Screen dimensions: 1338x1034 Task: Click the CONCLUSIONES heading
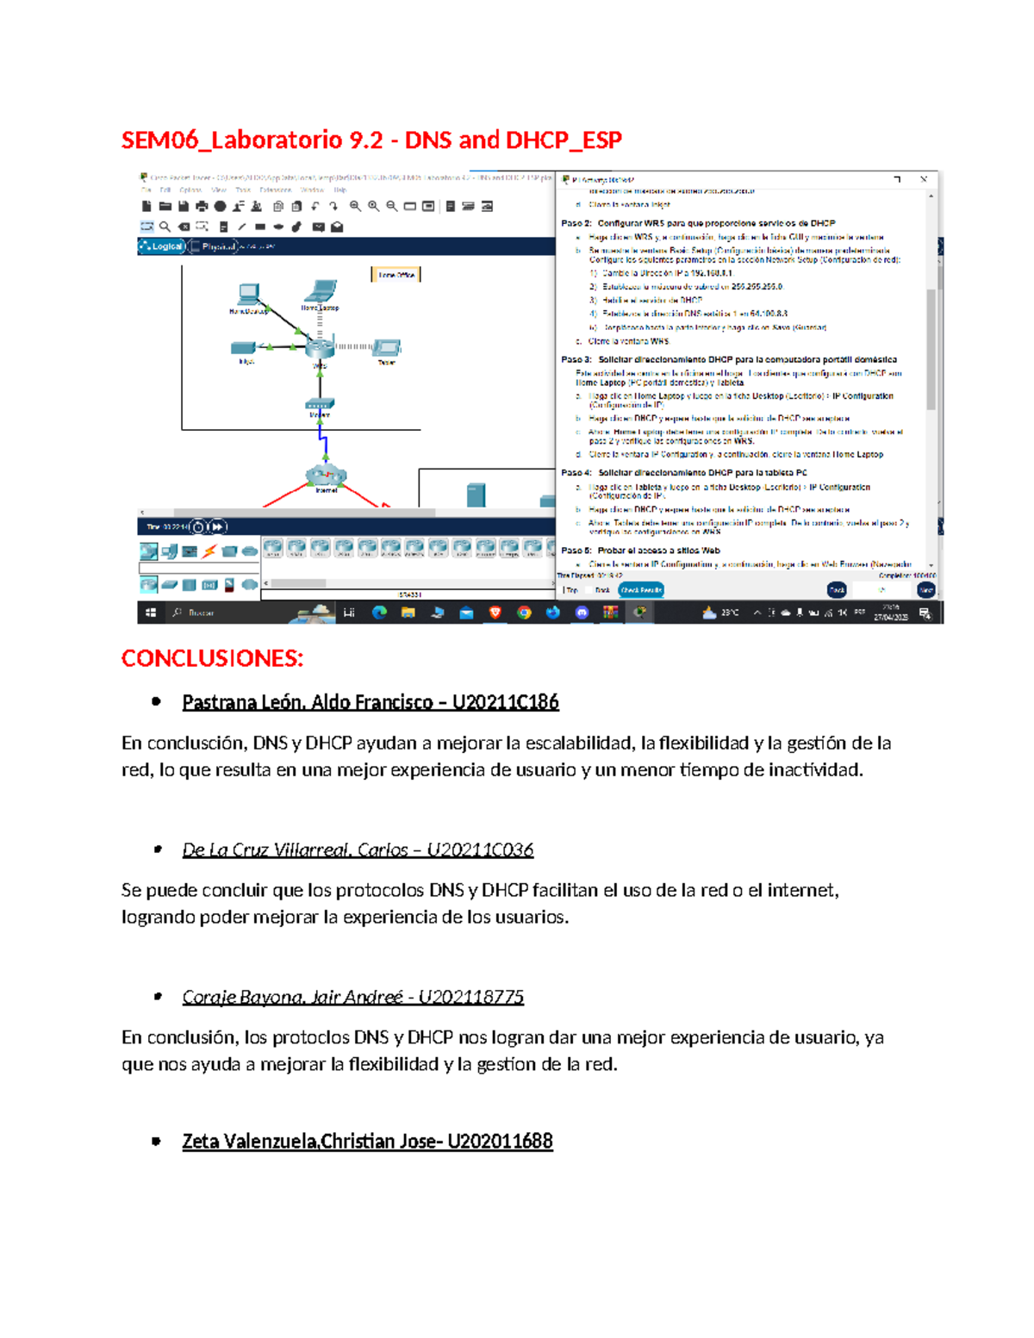(x=212, y=659)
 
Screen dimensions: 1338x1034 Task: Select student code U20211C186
(x=505, y=703)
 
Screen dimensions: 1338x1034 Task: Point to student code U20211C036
(x=480, y=850)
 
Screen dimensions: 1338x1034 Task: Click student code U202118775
(x=470, y=998)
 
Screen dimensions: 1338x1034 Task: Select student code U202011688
(x=500, y=1142)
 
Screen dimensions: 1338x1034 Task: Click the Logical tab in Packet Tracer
(x=164, y=246)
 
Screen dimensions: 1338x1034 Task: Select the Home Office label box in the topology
(x=396, y=275)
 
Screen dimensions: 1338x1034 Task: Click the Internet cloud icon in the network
(x=326, y=475)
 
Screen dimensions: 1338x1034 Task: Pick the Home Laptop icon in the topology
(x=322, y=290)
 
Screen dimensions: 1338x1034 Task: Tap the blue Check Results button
(x=641, y=590)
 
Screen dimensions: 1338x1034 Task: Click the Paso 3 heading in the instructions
(x=576, y=359)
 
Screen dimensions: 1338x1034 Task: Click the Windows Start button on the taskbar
(x=151, y=613)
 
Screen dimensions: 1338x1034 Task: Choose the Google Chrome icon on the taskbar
(x=524, y=613)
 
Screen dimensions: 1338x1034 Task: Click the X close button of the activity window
(x=924, y=179)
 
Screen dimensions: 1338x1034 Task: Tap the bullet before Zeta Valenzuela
(x=156, y=1142)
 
